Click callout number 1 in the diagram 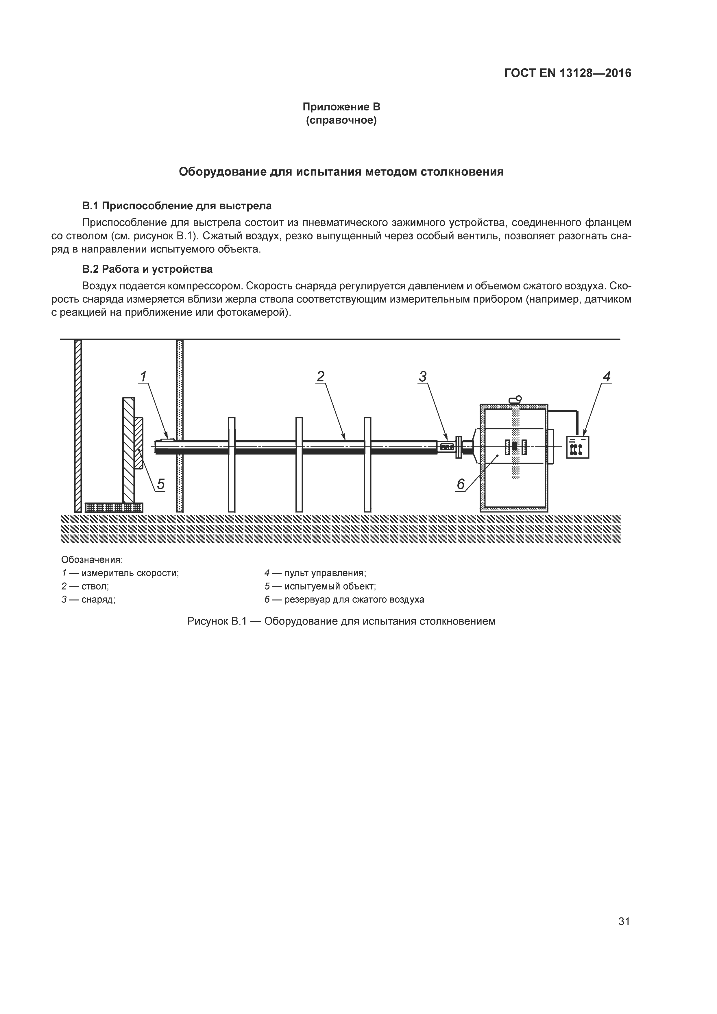click(x=143, y=377)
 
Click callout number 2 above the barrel click(x=321, y=377)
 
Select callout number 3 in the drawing click(x=422, y=377)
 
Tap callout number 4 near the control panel click(x=607, y=377)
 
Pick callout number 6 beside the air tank click(x=461, y=485)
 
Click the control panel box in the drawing click(x=577, y=447)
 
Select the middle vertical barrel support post click(x=299, y=464)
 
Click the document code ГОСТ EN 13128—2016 click(x=568, y=73)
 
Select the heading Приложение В click(x=341, y=107)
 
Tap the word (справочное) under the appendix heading click(x=341, y=120)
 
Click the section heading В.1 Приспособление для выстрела click(x=177, y=206)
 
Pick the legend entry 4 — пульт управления click(x=315, y=573)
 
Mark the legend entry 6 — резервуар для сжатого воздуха click(x=344, y=600)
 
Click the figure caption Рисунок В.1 click(x=341, y=621)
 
